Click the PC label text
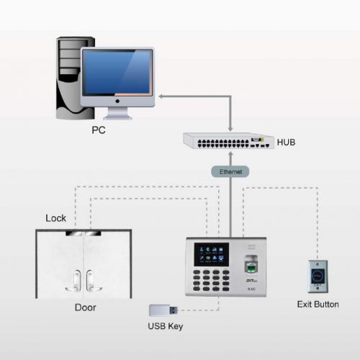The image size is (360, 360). (x=99, y=132)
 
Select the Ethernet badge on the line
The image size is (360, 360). (x=230, y=172)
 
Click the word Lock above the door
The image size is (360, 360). (x=55, y=217)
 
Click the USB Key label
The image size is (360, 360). (x=165, y=327)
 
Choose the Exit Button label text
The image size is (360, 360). (x=318, y=304)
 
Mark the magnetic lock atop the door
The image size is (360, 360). (x=84, y=234)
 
